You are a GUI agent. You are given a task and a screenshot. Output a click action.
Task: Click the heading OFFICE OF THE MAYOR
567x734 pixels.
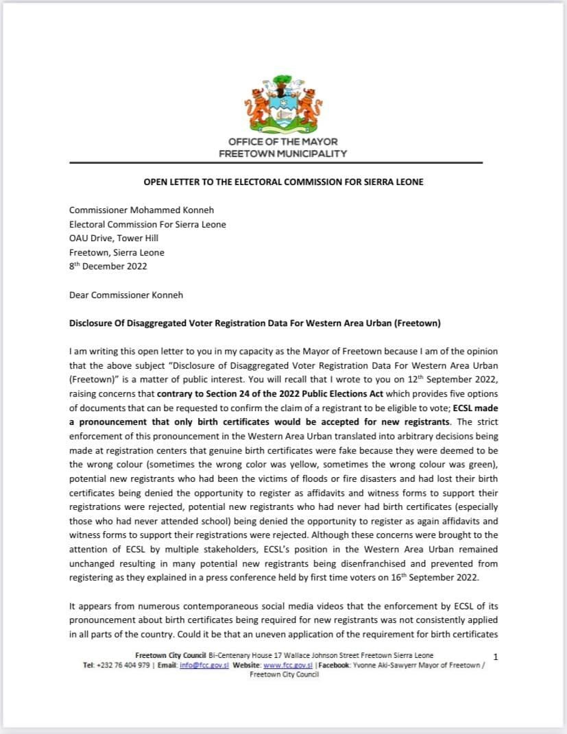click(x=282, y=142)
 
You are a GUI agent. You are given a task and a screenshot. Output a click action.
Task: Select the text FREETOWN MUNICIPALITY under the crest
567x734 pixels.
click(x=282, y=154)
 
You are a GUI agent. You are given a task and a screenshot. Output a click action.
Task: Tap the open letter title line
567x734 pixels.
click(x=282, y=182)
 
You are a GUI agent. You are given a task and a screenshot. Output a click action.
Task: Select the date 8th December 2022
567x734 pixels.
click(x=108, y=266)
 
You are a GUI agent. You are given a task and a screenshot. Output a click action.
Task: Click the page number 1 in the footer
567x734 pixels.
click(x=496, y=657)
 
